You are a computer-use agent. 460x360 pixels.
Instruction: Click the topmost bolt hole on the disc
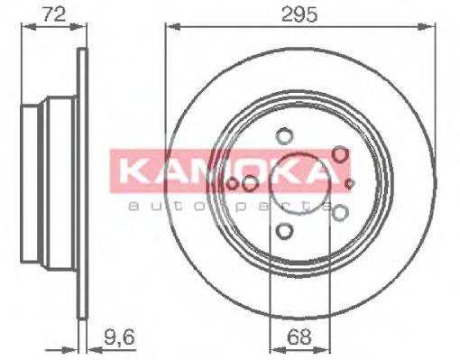tap(285, 137)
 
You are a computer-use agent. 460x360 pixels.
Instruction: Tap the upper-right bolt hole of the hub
tap(340, 155)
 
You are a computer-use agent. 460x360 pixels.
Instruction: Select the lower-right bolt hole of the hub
tap(340, 213)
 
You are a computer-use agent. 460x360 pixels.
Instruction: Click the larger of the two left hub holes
tap(250, 184)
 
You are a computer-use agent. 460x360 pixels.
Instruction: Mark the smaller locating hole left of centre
tap(232, 185)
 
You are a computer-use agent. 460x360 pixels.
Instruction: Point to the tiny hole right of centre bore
tap(350, 185)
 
